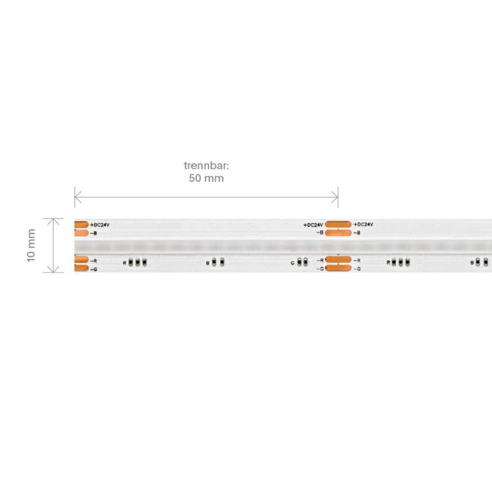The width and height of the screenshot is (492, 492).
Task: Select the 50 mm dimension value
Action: pyautogui.click(x=205, y=179)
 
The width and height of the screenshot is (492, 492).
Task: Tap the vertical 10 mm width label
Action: pyautogui.click(x=31, y=245)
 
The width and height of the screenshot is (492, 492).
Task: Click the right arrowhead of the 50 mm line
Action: pyautogui.click(x=336, y=197)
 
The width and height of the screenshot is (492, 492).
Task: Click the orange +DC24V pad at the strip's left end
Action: pyautogui.click(x=81, y=224)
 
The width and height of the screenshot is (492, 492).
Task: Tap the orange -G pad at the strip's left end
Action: pyautogui.click(x=81, y=269)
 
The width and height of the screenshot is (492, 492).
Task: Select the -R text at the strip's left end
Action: pyautogui.click(x=93, y=261)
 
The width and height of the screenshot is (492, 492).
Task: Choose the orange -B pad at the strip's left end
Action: pyautogui.click(x=81, y=233)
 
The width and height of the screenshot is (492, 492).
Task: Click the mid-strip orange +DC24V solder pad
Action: pyautogui.click(x=338, y=224)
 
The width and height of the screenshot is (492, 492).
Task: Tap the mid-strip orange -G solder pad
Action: pyautogui.click(x=338, y=269)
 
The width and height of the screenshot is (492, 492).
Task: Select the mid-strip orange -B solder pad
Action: pyautogui.click(x=338, y=233)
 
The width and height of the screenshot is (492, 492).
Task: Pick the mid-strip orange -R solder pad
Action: pyautogui.click(x=338, y=260)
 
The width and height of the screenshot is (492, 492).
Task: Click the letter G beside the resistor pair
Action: pyautogui.click(x=293, y=263)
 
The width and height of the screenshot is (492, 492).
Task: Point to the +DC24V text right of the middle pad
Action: pyautogui.click(x=363, y=224)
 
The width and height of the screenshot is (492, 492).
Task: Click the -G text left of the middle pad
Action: pyautogui.click(x=320, y=269)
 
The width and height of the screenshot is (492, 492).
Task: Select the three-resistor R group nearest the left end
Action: pyautogui.click(x=138, y=263)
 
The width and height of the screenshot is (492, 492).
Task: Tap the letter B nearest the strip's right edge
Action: pyautogui.click(x=472, y=263)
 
